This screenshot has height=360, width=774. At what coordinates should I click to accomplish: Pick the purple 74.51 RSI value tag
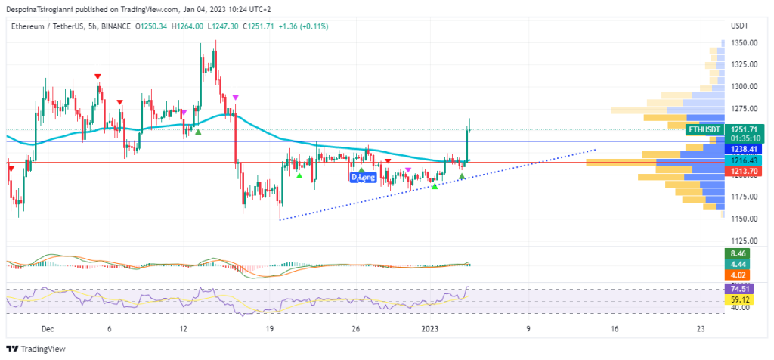point(737,289)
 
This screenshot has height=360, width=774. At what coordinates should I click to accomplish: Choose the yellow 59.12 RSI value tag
point(737,299)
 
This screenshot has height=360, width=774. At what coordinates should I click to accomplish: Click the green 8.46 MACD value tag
point(737,253)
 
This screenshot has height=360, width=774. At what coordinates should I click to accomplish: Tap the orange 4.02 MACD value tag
point(737,275)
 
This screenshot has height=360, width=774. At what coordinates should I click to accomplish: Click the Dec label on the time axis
point(48,329)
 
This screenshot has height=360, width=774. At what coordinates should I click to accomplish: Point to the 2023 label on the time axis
point(430,329)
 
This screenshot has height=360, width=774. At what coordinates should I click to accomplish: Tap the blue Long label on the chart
point(364,177)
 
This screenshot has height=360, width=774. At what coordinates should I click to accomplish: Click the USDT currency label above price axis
point(739,26)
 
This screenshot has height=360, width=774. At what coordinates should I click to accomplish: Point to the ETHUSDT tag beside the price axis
point(702,130)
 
